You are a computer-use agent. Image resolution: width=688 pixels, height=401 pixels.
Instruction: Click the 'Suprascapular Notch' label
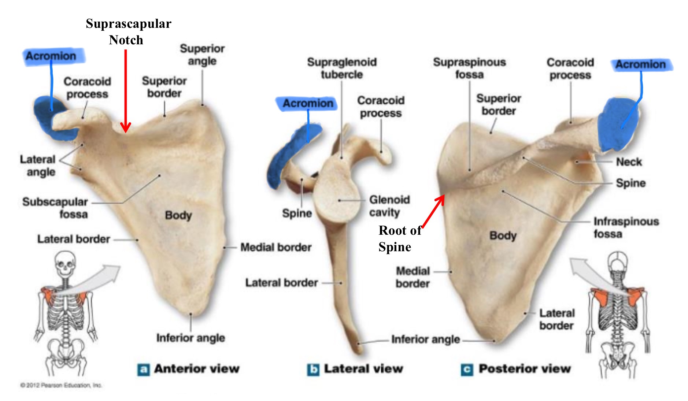click(x=128, y=31)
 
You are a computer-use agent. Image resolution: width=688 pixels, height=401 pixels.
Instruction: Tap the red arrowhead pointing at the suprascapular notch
click(x=126, y=128)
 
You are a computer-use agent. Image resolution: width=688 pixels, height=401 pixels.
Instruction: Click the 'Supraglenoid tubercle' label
click(x=342, y=68)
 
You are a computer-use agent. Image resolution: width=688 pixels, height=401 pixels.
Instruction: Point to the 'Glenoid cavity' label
click(x=389, y=205)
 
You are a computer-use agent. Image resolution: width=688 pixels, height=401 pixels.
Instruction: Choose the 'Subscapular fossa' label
click(x=55, y=208)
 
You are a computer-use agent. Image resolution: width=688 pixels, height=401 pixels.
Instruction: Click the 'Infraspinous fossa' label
click(x=626, y=227)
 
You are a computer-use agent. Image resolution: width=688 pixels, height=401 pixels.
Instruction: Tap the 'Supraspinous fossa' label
click(x=469, y=68)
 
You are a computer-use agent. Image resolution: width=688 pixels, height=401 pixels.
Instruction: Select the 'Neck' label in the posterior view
click(x=629, y=162)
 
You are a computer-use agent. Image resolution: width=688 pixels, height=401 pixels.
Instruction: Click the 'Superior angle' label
click(x=202, y=55)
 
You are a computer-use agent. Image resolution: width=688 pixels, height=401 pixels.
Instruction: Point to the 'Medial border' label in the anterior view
click(x=276, y=248)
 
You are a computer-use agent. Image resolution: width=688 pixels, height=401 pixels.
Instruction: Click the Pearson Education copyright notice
click(x=61, y=385)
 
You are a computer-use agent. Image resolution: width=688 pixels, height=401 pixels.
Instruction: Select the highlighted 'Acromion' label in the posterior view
click(x=640, y=64)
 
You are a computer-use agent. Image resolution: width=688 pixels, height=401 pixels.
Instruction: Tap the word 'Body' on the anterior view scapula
click(x=178, y=215)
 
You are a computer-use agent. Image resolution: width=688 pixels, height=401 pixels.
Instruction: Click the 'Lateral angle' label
click(x=38, y=166)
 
